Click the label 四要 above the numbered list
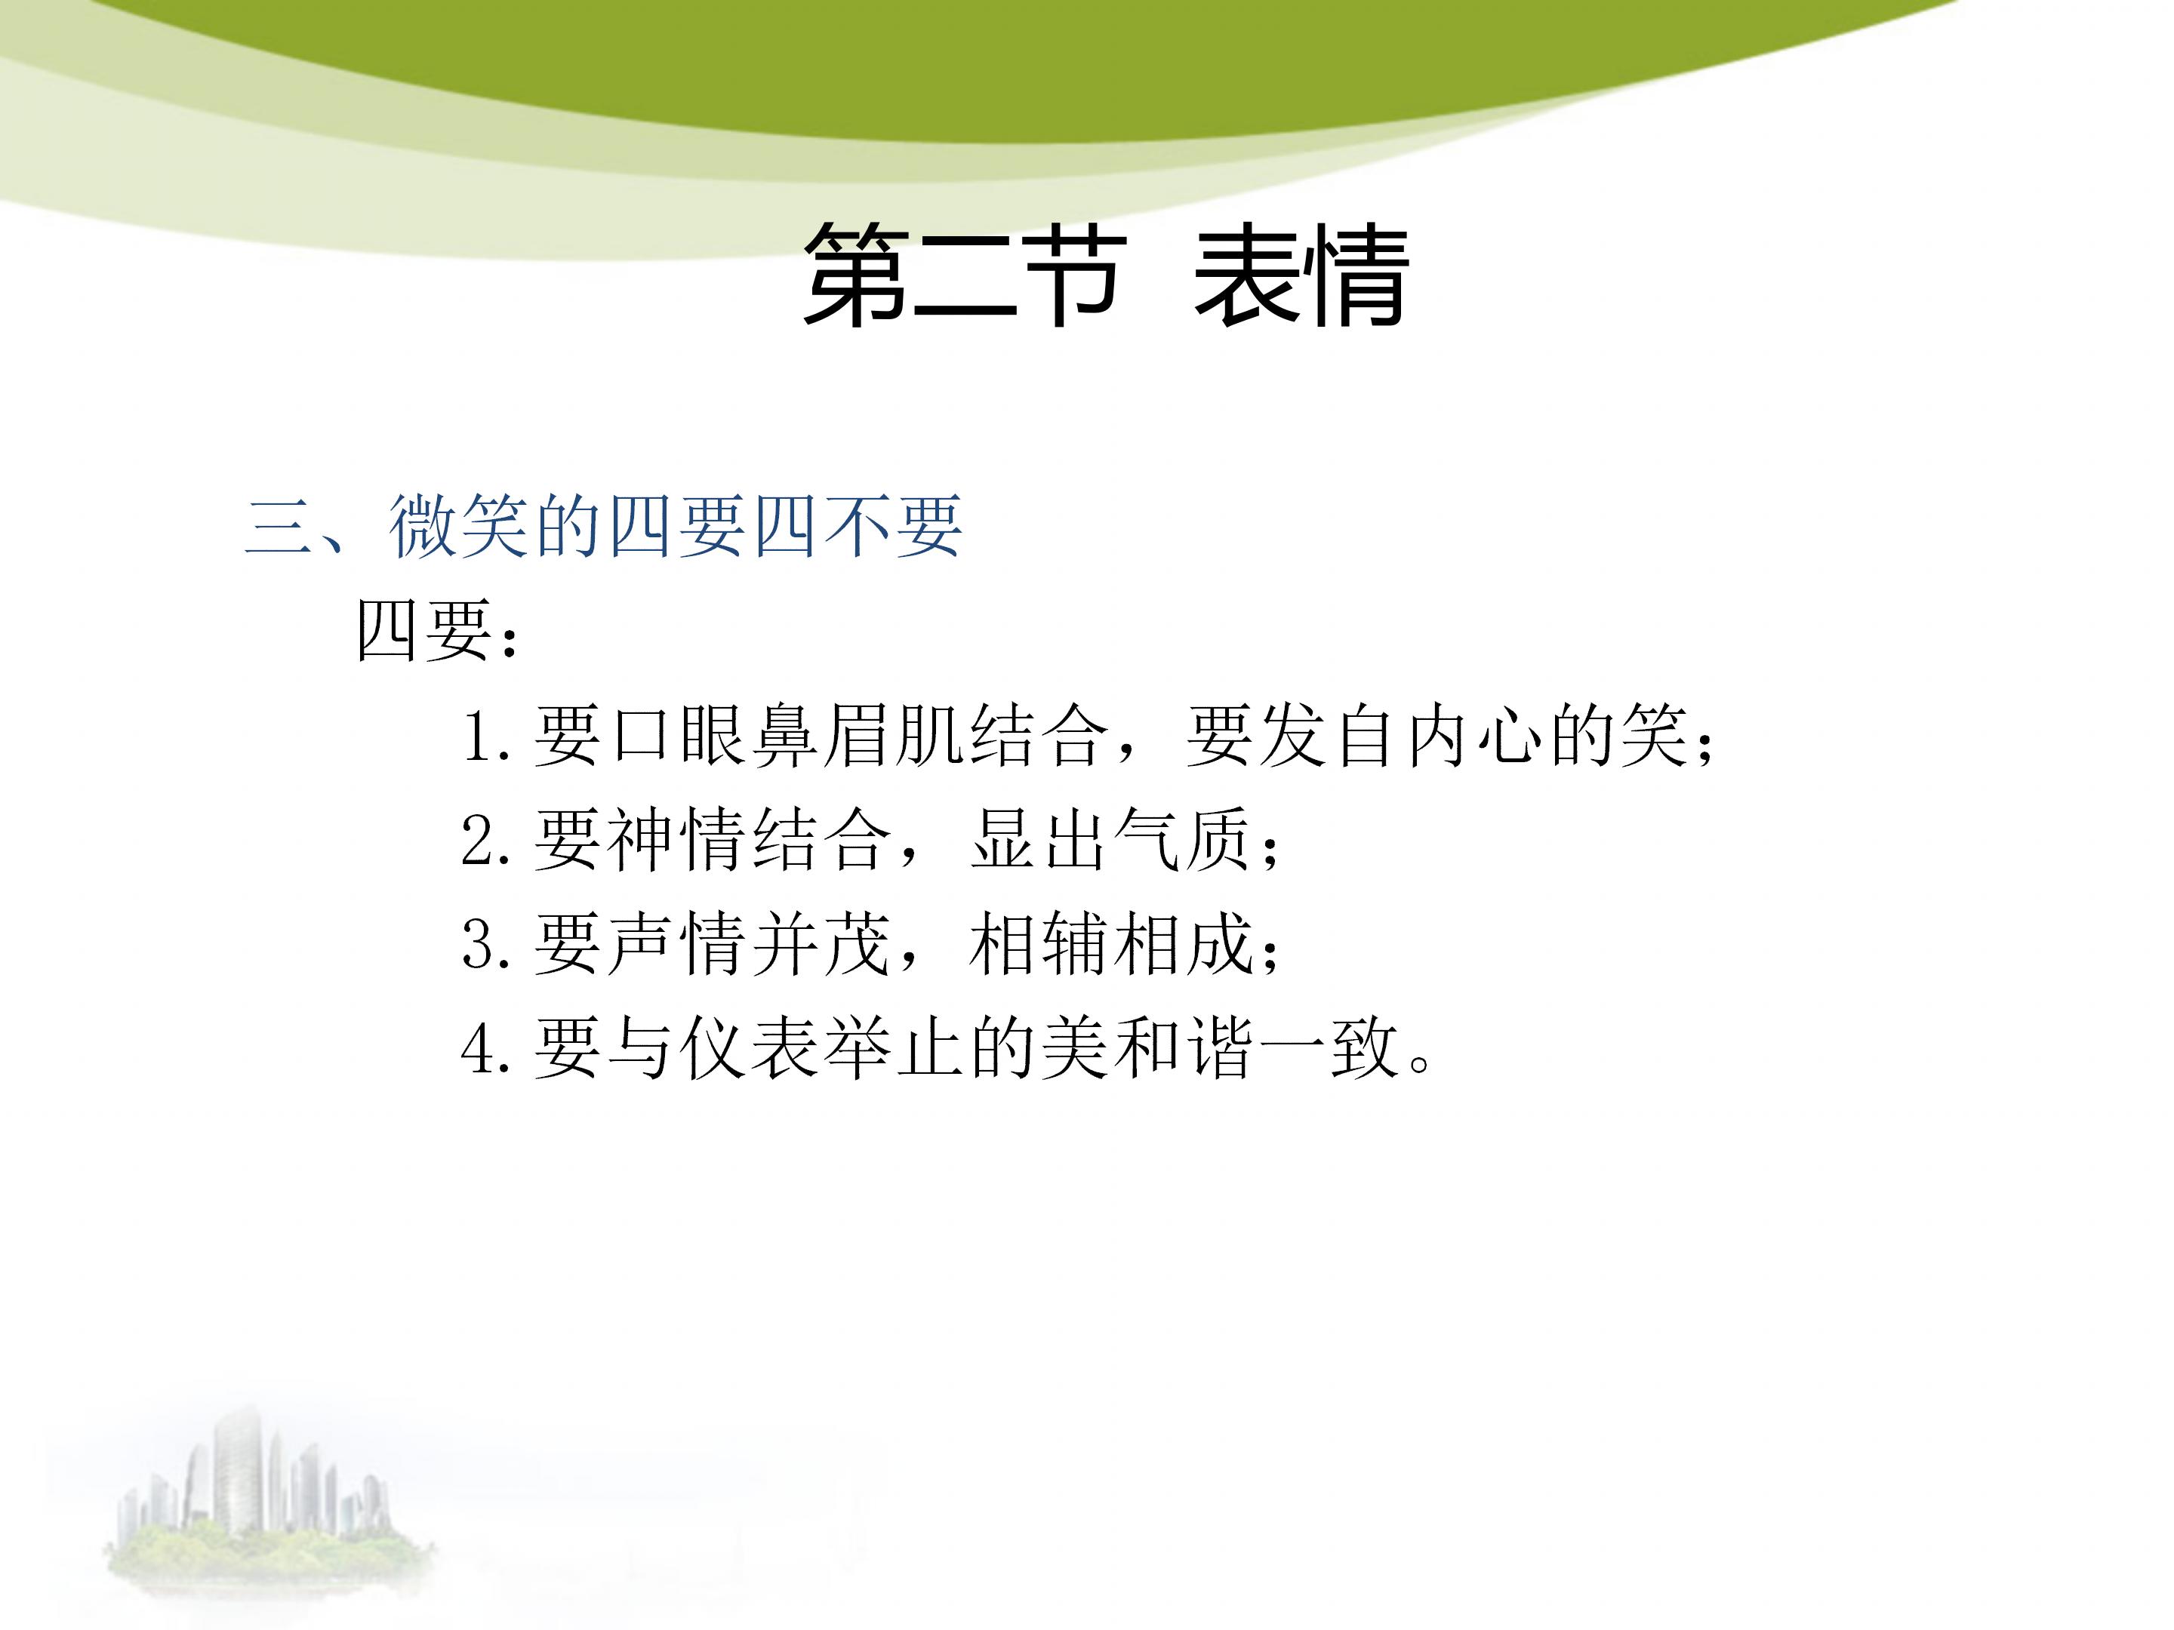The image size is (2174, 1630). click(x=423, y=631)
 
